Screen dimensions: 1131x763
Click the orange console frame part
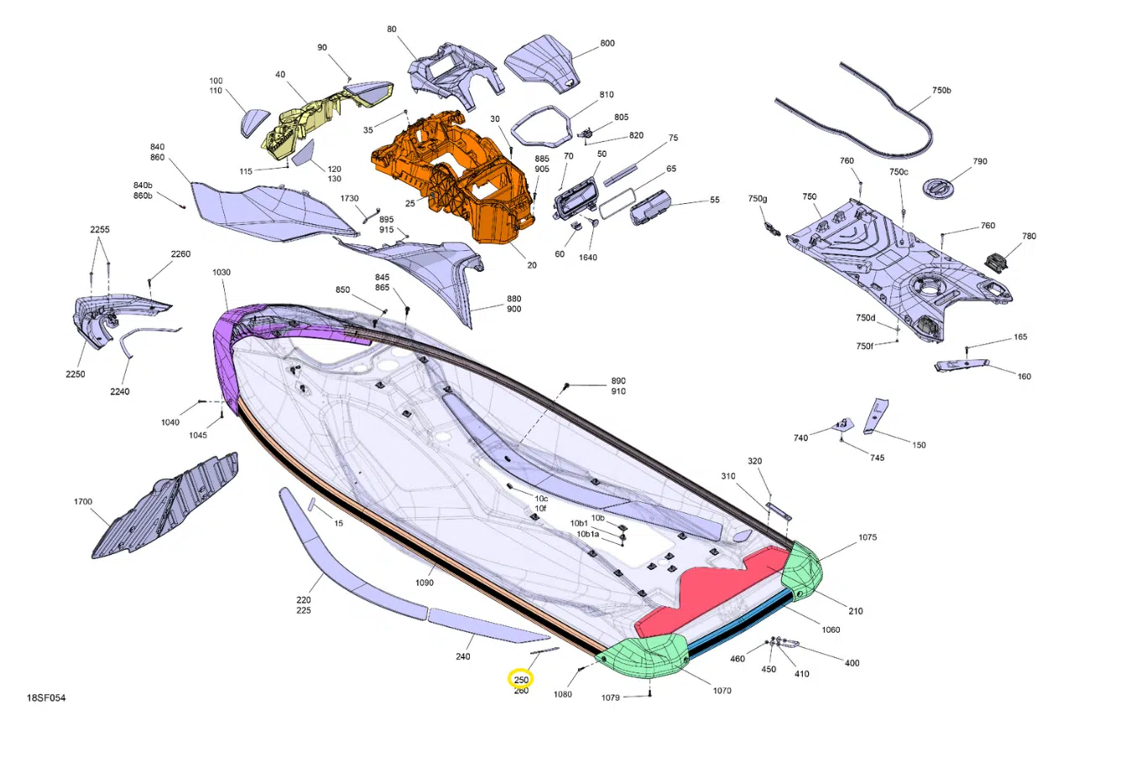tap(455, 177)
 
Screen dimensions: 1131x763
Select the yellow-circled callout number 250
tap(521, 680)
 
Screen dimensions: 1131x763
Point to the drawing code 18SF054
tap(46, 698)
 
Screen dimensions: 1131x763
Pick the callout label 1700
tap(83, 501)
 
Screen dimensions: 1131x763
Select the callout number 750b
tap(941, 91)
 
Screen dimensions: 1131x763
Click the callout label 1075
tap(868, 537)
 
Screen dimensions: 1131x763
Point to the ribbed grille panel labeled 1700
tap(165, 505)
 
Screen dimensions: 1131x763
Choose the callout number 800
tap(607, 44)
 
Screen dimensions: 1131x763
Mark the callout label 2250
tap(76, 374)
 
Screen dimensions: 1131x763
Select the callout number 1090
tap(425, 583)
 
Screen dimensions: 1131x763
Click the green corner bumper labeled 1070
tap(644, 656)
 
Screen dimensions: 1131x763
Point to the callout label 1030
tap(222, 273)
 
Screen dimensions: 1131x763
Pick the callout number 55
tap(715, 200)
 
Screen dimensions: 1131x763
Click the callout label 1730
tap(349, 198)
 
